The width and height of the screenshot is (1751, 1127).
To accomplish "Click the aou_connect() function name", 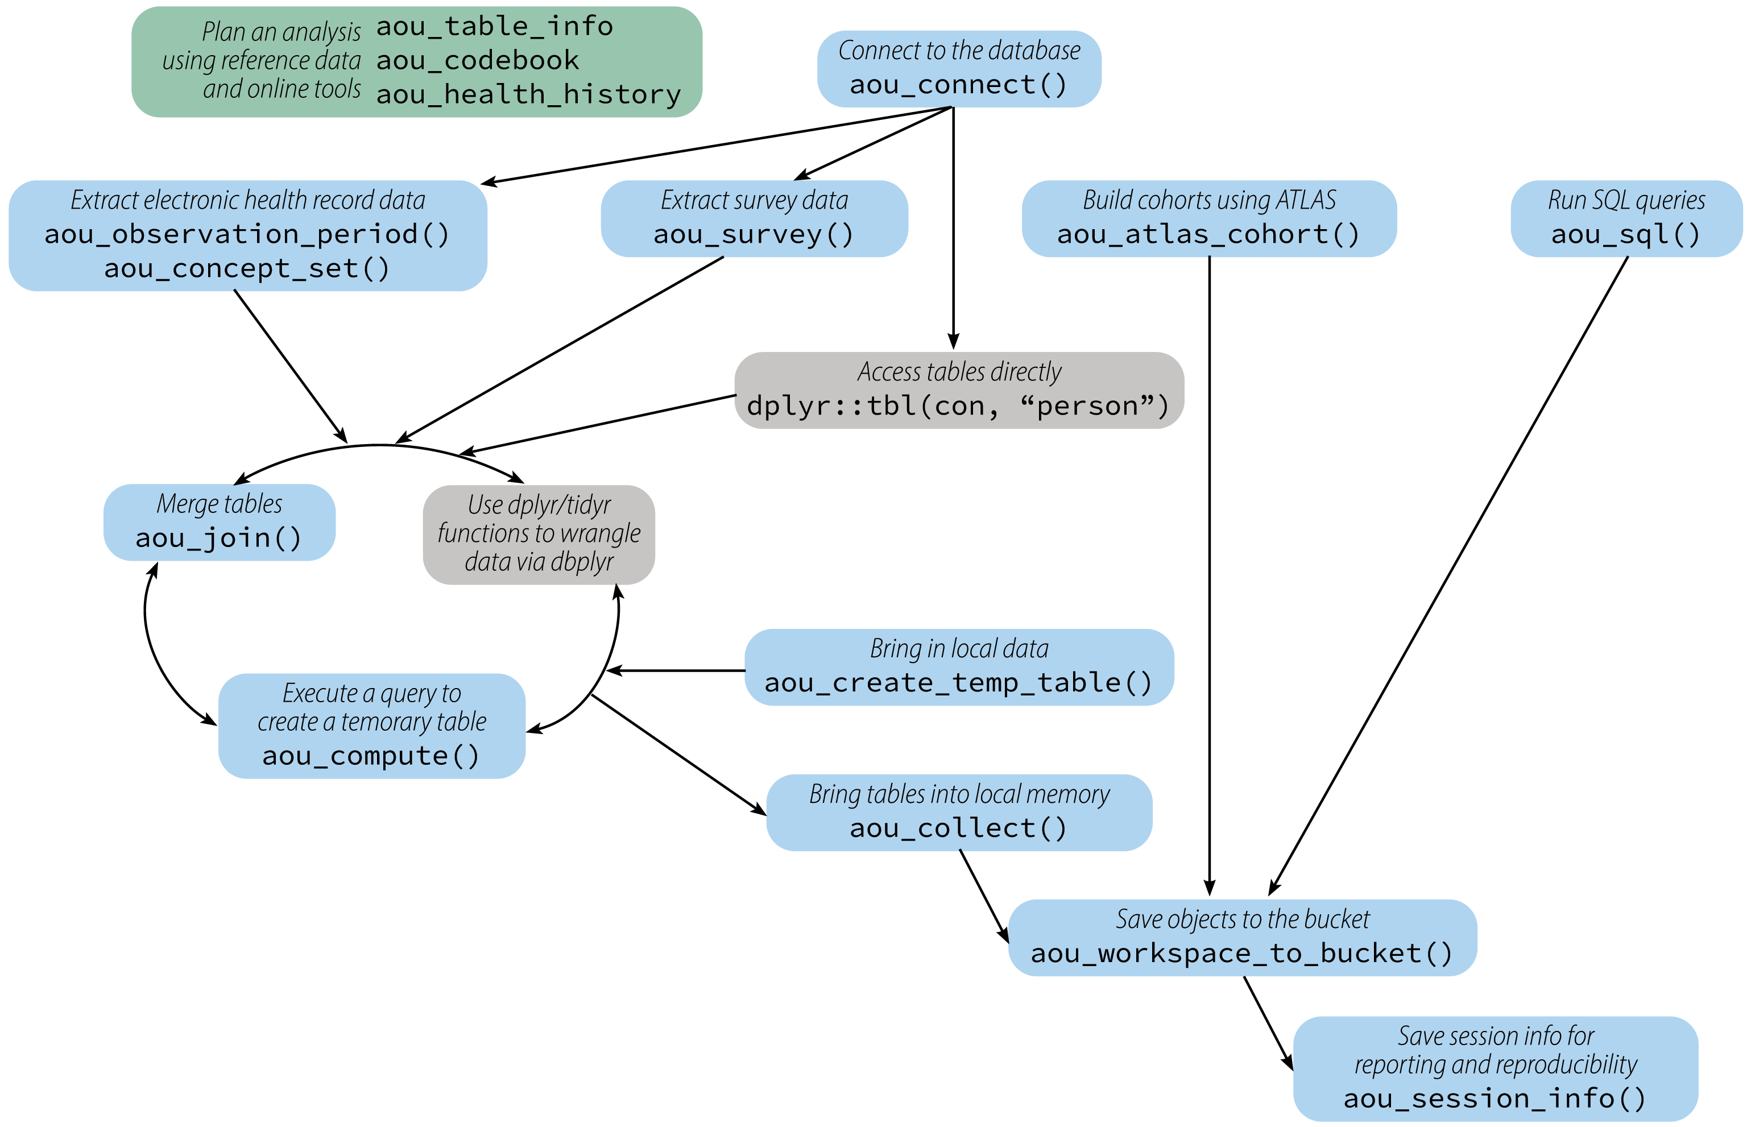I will pyautogui.click(x=959, y=85).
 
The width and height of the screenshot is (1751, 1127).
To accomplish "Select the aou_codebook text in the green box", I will pyautogui.click(x=477, y=61).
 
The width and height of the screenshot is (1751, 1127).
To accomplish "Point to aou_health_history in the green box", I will pyautogui.click(x=528, y=94).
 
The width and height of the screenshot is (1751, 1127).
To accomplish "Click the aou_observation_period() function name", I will pyautogui.click(x=247, y=234).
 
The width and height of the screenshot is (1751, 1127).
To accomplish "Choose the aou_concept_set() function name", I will pyautogui.click(x=247, y=268).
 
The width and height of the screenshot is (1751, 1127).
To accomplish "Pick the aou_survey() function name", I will pyautogui.click(x=754, y=234).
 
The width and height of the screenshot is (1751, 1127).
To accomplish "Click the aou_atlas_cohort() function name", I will pyautogui.click(x=1209, y=234).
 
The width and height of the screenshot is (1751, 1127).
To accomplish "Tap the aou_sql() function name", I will pyautogui.click(x=1626, y=234).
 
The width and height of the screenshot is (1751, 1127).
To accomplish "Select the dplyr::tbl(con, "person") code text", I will pyautogui.click(x=959, y=405).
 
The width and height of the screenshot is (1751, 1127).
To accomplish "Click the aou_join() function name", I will pyautogui.click(x=219, y=538).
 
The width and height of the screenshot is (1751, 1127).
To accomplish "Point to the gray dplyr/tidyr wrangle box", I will pyautogui.click(x=539, y=535).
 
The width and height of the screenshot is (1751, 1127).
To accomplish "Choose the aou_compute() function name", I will pyautogui.click(x=371, y=755).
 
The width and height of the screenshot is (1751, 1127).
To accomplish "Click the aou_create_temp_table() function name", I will pyautogui.click(x=959, y=683).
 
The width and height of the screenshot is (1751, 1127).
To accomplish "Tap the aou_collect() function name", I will pyautogui.click(x=959, y=828).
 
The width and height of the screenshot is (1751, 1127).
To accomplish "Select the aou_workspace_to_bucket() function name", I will pyautogui.click(x=1241, y=953).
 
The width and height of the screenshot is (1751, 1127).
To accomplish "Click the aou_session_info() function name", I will pyautogui.click(x=1495, y=1099).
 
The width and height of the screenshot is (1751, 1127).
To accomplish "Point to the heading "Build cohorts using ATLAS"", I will pyautogui.click(x=1209, y=200).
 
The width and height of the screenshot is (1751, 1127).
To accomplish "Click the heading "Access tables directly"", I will pyautogui.click(x=959, y=372).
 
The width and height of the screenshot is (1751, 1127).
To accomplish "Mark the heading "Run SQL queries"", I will pyautogui.click(x=1626, y=200).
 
